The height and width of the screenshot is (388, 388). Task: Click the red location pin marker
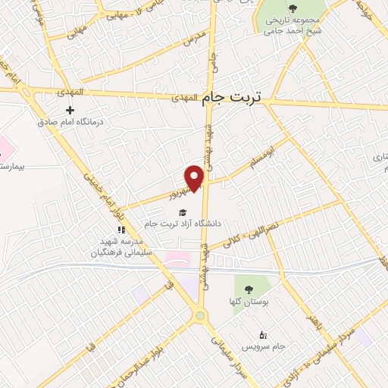(x=195, y=177)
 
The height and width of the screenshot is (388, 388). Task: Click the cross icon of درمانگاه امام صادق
(x=70, y=110)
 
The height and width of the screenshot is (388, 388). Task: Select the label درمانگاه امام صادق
(x=71, y=121)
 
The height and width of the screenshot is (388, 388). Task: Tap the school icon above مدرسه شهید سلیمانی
(x=120, y=230)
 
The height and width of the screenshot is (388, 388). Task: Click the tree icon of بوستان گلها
(x=247, y=289)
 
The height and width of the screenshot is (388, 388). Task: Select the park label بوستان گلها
(x=247, y=302)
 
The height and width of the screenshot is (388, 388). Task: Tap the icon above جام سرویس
(x=263, y=334)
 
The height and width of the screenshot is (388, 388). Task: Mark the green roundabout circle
(x=199, y=315)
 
